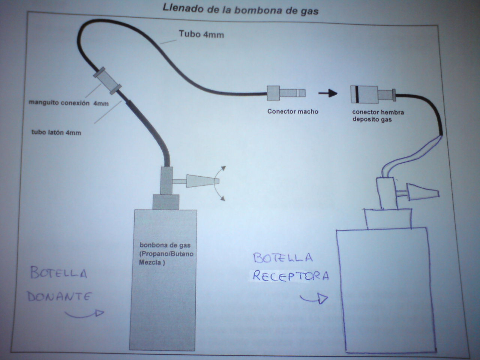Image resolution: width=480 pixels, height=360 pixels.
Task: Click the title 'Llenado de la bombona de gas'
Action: tap(240, 9)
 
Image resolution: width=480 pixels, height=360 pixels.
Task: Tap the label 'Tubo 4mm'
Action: tap(201, 34)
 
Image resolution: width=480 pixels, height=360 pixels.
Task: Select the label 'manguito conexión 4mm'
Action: tap(69, 103)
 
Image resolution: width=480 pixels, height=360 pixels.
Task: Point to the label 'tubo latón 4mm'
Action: tap(56, 132)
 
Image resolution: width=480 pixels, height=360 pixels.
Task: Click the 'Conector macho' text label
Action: tap(292, 111)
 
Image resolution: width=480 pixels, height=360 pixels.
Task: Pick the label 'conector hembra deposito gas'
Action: tap(378, 115)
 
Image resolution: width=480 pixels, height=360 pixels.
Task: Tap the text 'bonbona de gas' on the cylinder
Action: tap(165, 245)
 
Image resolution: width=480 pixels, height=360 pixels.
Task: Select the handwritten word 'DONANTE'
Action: tap(59, 297)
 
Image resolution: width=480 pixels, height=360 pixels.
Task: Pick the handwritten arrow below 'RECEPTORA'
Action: tap(315, 298)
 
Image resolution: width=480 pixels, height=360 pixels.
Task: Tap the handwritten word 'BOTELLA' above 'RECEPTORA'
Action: tap(283, 258)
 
